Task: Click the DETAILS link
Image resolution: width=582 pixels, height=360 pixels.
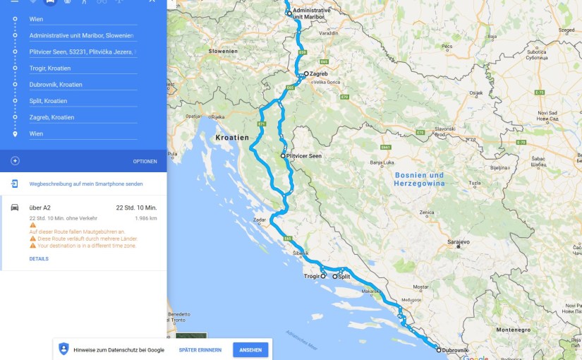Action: click(x=39, y=259)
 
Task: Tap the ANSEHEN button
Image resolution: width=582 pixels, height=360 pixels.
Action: click(x=250, y=350)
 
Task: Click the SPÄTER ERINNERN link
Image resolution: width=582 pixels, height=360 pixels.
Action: click(x=200, y=350)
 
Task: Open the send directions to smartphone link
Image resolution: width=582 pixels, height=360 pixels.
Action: click(x=86, y=184)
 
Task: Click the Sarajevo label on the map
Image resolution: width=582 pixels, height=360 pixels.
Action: click(x=458, y=242)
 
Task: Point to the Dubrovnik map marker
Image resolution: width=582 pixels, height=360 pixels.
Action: click(x=437, y=349)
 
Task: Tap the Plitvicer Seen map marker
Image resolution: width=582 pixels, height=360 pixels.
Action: click(x=283, y=155)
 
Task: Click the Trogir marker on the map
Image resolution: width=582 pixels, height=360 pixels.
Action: click(x=323, y=277)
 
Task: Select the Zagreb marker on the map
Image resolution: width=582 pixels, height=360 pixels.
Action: click(x=306, y=74)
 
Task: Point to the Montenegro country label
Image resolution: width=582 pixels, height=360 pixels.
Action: click(x=513, y=330)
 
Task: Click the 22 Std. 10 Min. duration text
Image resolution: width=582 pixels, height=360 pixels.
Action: click(x=136, y=208)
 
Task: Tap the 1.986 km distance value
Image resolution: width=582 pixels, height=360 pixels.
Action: click(x=145, y=218)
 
